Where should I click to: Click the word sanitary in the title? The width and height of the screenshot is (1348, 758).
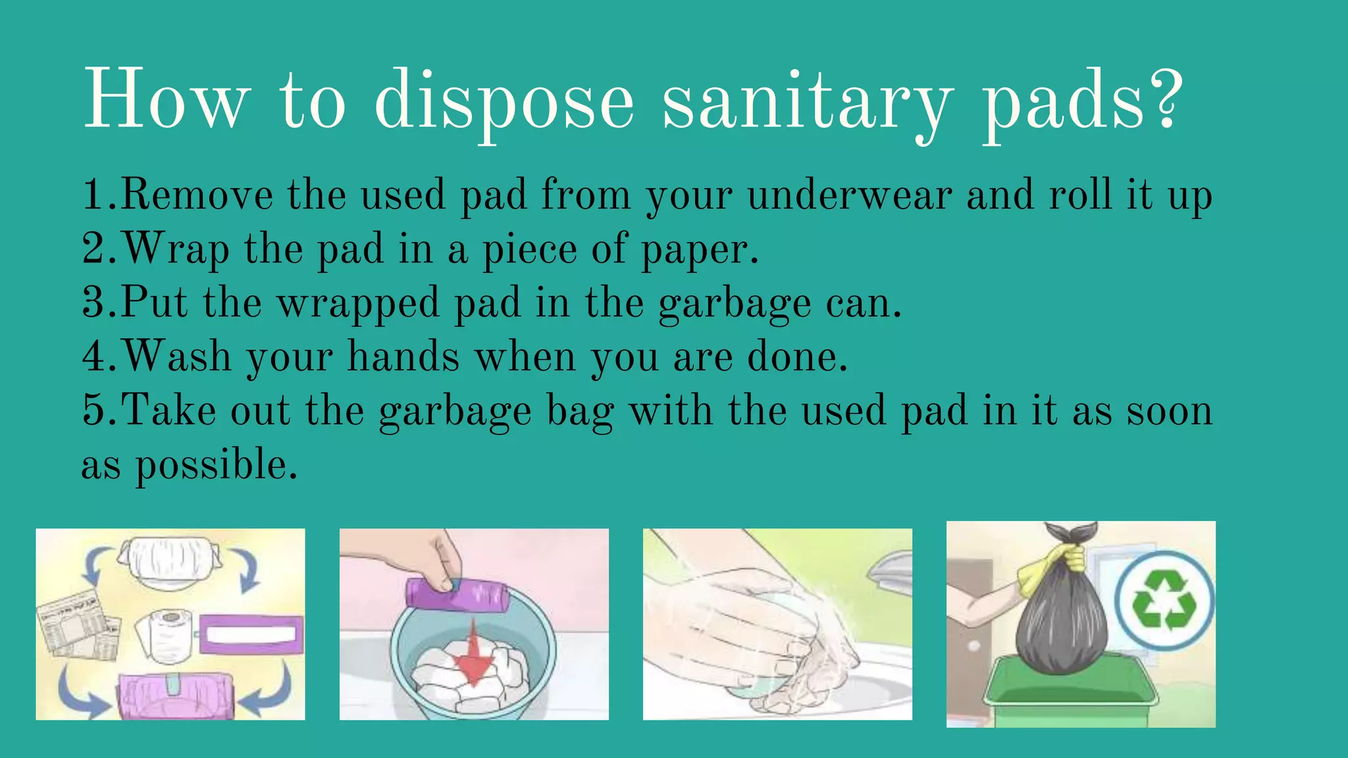[x=807, y=102]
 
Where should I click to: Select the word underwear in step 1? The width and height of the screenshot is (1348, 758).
[x=850, y=195]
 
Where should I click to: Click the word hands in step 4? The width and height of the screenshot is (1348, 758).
[x=403, y=357]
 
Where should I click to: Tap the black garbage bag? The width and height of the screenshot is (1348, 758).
[x=1062, y=625]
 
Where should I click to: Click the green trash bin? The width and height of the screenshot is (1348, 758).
[x=1070, y=697]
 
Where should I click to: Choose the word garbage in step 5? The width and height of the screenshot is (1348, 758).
[x=455, y=411]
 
